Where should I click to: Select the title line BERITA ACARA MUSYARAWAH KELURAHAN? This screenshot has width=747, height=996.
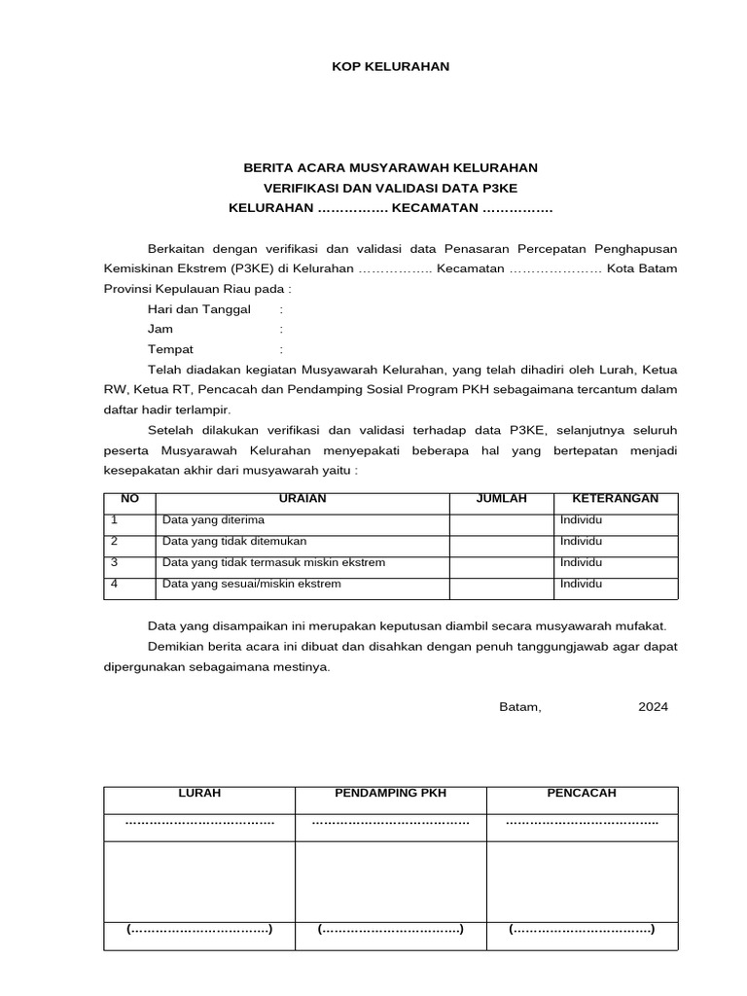[390, 168]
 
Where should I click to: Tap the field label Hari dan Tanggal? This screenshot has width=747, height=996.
[198, 309]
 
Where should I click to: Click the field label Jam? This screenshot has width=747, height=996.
[160, 330]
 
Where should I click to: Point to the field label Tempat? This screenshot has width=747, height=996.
[170, 349]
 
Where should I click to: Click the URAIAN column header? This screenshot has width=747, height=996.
[302, 499]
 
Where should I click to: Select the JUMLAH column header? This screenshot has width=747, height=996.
[501, 499]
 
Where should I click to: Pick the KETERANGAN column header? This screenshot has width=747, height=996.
[616, 499]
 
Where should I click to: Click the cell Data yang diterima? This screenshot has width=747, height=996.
[213, 520]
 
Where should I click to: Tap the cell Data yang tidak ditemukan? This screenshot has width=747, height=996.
[234, 542]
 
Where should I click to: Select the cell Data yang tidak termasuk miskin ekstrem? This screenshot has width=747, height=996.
[274, 563]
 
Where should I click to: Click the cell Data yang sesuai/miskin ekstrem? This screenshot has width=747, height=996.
[252, 585]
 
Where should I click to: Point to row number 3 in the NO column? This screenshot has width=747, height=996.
[115, 563]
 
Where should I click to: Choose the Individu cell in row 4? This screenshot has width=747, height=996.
[581, 585]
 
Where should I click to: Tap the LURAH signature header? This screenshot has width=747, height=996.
[199, 794]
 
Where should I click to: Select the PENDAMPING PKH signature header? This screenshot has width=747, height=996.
[390, 794]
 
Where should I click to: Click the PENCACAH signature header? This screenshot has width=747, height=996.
[582, 794]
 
